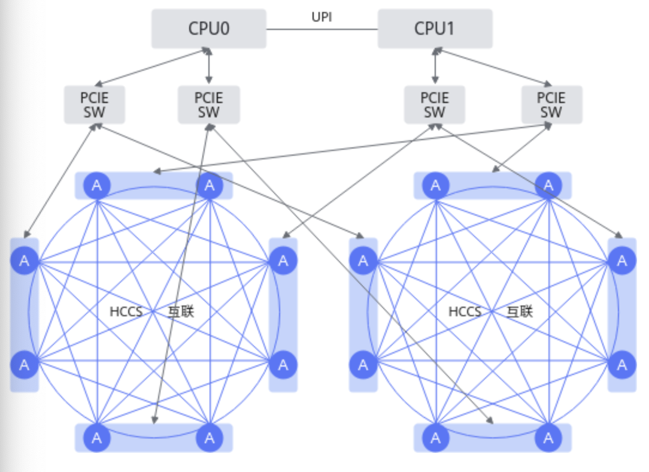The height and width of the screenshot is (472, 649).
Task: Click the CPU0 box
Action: click(208, 29)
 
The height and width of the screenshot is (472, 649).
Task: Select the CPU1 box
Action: click(435, 29)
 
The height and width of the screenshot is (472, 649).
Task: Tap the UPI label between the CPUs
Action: click(322, 17)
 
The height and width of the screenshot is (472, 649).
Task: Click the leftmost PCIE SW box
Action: click(95, 105)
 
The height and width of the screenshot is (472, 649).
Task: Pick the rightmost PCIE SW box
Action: click(551, 105)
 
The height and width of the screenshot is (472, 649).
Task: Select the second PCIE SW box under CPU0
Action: click(209, 105)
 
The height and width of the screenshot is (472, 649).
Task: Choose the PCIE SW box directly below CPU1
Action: click(435, 105)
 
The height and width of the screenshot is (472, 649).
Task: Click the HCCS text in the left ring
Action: click(126, 311)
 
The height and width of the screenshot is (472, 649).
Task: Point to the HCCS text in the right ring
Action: click(465, 311)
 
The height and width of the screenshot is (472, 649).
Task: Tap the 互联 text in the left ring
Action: click(181, 311)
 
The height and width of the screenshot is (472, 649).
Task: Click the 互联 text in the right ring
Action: click(520, 311)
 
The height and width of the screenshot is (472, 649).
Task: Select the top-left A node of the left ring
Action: click(97, 186)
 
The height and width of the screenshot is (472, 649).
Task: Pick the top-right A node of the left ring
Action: click(210, 186)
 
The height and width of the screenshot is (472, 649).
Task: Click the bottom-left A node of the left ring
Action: click(97, 438)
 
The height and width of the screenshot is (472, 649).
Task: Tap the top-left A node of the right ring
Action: click(435, 186)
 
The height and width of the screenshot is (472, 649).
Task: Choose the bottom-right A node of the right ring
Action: click(548, 438)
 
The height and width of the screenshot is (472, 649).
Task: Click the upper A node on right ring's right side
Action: click(622, 261)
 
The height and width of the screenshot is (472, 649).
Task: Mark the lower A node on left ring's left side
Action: click(25, 364)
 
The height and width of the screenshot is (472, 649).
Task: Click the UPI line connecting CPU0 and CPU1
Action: click(322, 29)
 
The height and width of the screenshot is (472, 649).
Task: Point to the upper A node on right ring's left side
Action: click(363, 261)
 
